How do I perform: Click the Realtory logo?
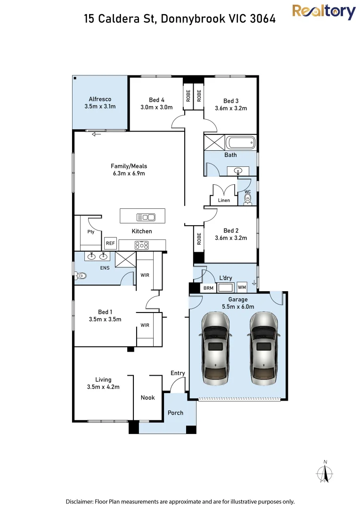click(324, 12)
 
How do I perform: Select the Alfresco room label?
click(100, 99)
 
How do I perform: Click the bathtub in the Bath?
click(240, 143)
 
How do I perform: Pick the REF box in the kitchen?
click(110, 243)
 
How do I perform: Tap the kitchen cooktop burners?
click(141, 245)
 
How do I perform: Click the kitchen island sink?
click(146, 217)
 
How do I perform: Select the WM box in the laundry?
click(242, 287)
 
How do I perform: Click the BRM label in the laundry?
click(208, 288)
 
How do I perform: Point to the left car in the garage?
click(215, 348)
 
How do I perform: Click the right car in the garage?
click(263, 348)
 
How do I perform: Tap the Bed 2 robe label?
click(199, 238)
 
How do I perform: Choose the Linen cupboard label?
click(224, 200)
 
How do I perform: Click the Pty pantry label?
click(91, 232)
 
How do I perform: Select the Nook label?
click(147, 397)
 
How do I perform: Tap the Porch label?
click(175, 412)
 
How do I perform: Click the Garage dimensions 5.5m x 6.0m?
click(238, 306)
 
